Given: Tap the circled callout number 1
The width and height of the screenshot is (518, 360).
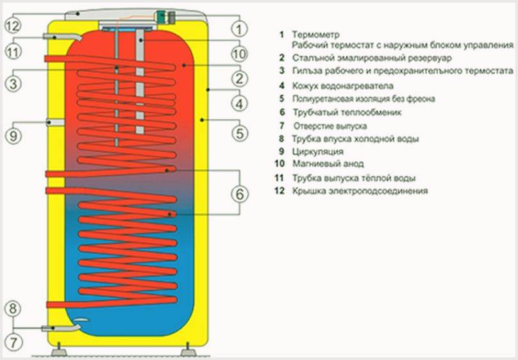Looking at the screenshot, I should [x=238, y=28].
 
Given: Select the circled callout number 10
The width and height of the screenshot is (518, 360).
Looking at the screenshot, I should [x=238, y=53].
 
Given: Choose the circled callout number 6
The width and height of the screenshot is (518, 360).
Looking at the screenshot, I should [x=238, y=193].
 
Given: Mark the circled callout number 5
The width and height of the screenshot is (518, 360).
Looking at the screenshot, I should [x=238, y=133].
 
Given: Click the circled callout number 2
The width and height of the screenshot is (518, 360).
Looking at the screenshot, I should [x=238, y=79].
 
